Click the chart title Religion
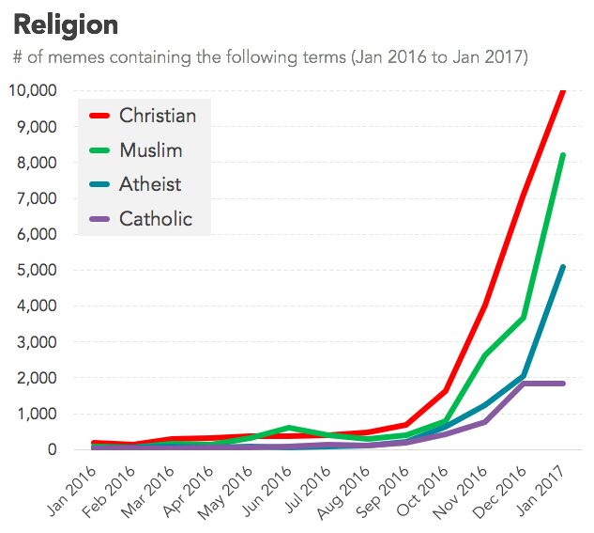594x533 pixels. point(66,24)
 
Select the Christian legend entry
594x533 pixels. point(157,116)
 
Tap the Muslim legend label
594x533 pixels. point(150,150)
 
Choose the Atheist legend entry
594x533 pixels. point(150,184)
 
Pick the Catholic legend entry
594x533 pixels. point(155,219)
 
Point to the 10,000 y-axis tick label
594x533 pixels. point(32,90)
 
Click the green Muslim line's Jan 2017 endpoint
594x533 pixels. point(562,155)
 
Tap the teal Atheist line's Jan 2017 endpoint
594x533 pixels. point(562,267)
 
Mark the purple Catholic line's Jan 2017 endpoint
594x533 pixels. point(562,383)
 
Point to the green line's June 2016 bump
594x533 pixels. point(289,428)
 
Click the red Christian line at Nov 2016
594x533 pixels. point(483,305)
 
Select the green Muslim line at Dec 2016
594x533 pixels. point(523,318)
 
